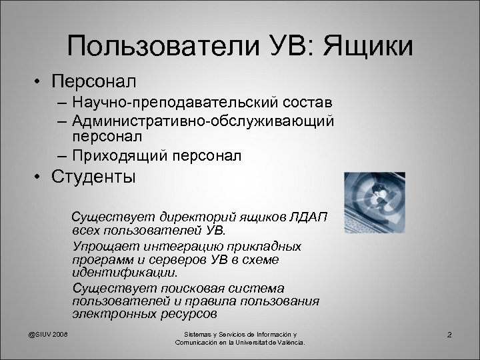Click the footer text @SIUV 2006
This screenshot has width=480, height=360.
click(x=49, y=334)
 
